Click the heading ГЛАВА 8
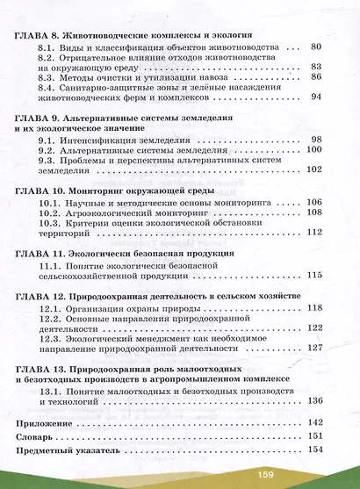coord(35,34)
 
